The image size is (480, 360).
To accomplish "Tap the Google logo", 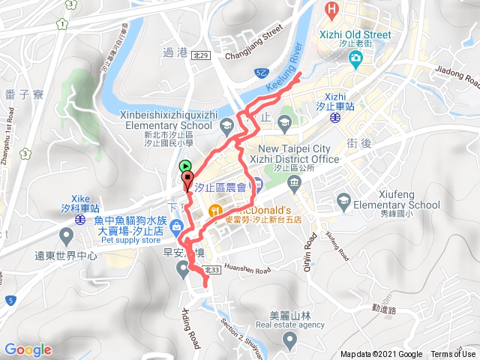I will pos(28,349).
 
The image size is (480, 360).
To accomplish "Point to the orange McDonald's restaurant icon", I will pos(214,209).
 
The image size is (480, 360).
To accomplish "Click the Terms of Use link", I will pos(453,354).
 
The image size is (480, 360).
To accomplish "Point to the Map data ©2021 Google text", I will pos(381,354).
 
